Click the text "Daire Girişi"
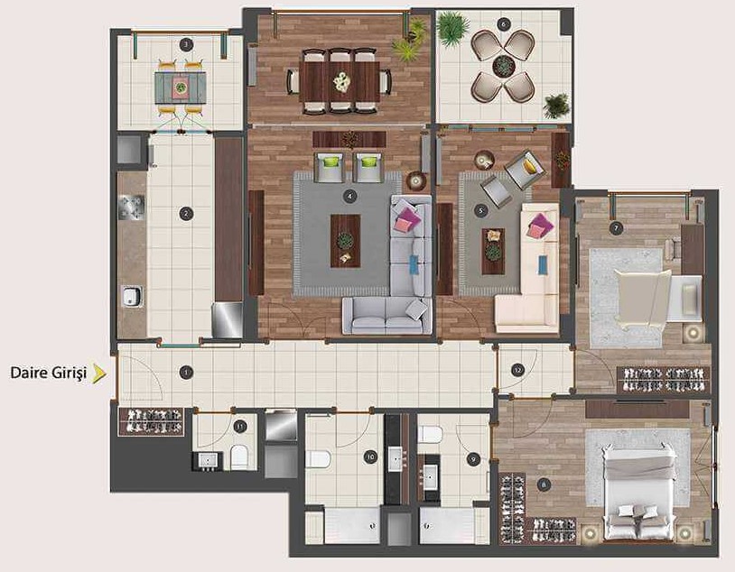[49, 374]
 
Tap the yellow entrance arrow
[99, 374]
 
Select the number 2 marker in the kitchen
[186, 214]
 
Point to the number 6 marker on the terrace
[504, 23]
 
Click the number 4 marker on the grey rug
[349, 197]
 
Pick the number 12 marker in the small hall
[517, 370]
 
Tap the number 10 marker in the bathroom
[370, 457]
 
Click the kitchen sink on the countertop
[131, 296]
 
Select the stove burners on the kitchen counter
[131, 208]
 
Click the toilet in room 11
[238, 457]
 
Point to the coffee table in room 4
[346, 241]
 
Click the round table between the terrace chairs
[504, 65]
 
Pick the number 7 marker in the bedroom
[616, 228]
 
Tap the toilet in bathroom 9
[430, 434]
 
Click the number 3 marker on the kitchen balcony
[186, 45]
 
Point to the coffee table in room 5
[493, 251]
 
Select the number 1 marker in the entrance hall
[186, 373]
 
